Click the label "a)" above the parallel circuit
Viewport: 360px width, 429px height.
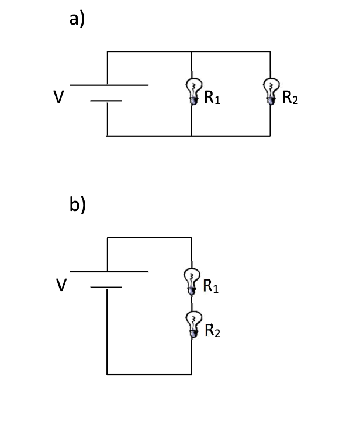(x=77, y=19)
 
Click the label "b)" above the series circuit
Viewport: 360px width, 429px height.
(x=77, y=206)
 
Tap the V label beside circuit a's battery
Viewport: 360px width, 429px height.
(x=58, y=97)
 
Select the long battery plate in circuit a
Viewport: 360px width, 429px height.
(x=109, y=85)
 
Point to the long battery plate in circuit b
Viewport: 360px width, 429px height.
(x=109, y=272)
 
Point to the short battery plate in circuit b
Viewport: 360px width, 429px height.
(x=106, y=288)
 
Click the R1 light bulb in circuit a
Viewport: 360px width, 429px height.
(x=192, y=91)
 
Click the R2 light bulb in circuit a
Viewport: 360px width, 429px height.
(x=270, y=91)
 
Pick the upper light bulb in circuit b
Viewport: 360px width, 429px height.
(x=191, y=280)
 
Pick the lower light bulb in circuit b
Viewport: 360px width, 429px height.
(x=192, y=324)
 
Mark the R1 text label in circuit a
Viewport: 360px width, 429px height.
(x=212, y=98)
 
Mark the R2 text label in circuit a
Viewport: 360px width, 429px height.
(x=290, y=98)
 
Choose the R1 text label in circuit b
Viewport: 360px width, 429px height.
(x=211, y=286)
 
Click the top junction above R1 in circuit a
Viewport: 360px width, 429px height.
(x=192, y=51)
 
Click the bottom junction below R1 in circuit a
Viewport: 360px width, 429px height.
(x=192, y=136)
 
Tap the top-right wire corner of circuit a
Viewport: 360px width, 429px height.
(x=270, y=51)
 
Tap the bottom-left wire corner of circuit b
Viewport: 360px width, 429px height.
(x=107, y=374)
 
